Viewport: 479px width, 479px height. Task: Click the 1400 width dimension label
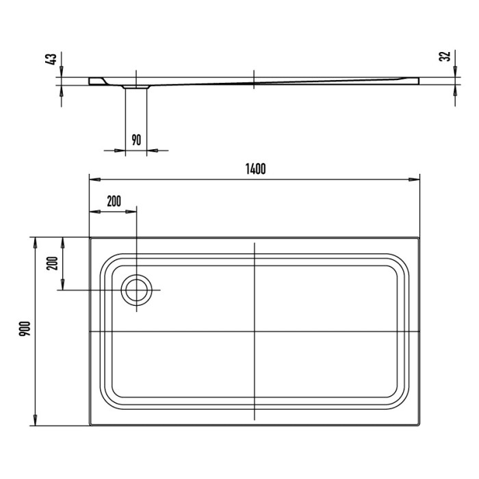(x=254, y=170)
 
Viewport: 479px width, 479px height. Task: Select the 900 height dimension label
(x=23, y=332)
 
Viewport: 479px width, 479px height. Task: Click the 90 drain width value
(x=135, y=140)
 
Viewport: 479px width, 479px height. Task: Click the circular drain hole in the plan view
(x=137, y=290)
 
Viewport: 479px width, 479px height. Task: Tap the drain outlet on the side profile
(x=136, y=87)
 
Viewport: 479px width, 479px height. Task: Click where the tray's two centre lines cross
(x=254, y=332)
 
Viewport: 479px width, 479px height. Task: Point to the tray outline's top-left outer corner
(x=90, y=238)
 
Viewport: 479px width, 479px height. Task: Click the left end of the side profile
(x=90, y=81)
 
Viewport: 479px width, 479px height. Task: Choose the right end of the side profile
(x=418, y=80)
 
